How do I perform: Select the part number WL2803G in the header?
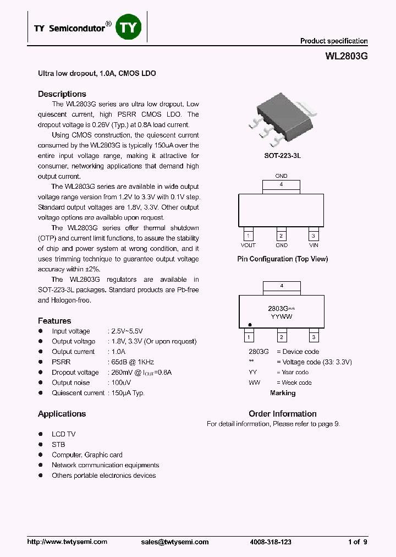[x=346, y=56]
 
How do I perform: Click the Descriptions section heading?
[x=62, y=94]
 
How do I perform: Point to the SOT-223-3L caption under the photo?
[x=283, y=156]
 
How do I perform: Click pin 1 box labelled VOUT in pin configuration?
[x=249, y=235]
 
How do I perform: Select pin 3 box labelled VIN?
[x=313, y=235]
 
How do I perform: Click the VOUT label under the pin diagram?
[x=249, y=245]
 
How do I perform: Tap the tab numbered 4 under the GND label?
[x=282, y=185]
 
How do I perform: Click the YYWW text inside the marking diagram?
[x=282, y=318]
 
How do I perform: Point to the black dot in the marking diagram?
[x=249, y=325]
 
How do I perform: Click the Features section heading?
[x=54, y=321]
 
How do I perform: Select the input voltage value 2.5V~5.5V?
[x=127, y=331]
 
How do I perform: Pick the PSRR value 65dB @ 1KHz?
[x=133, y=362]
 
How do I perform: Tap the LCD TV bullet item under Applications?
[x=63, y=434]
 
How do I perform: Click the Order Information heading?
[x=282, y=414]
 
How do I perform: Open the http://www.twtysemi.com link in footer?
[x=67, y=542]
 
